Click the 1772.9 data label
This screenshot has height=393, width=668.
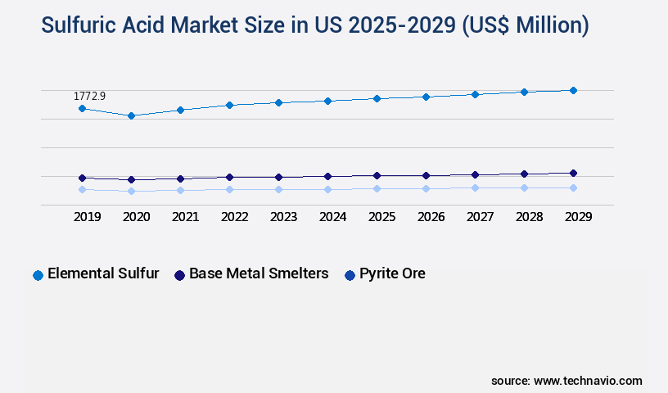(x=89, y=96)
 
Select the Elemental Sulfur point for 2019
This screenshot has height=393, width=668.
(x=82, y=108)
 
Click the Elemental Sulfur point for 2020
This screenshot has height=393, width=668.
(x=131, y=115)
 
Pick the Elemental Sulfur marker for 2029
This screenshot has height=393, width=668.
(x=573, y=90)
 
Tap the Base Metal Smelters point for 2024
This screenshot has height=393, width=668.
(x=327, y=176)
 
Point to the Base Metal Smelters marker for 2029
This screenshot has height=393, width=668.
(x=573, y=173)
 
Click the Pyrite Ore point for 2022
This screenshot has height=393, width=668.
(x=229, y=189)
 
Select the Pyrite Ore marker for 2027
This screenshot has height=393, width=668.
(x=475, y=187)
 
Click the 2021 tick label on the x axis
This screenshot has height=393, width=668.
(x=185, y=217)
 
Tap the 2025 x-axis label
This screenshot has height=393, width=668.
(x=381, y=217)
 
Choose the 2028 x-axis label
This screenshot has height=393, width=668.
(x=529, y=217)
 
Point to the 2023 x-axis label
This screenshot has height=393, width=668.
(x=283, y=217)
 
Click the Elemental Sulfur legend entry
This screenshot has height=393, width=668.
(x=96, y=274)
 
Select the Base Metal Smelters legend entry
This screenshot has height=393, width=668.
(x=251, y=274)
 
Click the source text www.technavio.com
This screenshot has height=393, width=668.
(x=588, y=381)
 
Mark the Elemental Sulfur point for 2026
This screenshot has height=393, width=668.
(x=426, y=97)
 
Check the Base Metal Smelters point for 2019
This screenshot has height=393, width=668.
(x=82, y=178)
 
